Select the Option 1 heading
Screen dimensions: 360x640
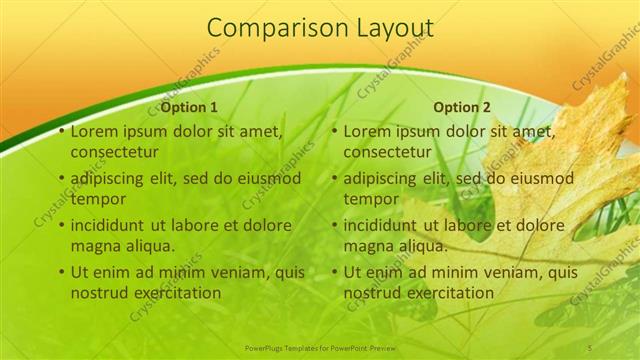coord(188,107)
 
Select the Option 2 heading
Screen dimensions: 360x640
coord(462,107)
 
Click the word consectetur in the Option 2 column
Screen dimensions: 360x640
coord(387,152)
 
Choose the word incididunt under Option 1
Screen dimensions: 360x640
coord(114,225)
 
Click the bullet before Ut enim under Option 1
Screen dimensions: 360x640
coord(61,272)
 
